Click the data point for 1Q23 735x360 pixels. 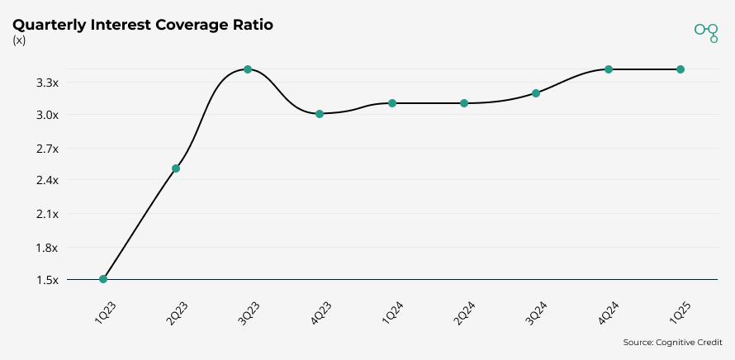coord(103,279)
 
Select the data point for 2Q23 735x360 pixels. coord(176,168)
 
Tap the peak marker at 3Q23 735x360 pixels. coord(248,69)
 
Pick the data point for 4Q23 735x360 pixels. coord(320,114)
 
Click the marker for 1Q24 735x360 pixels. coord(392,103)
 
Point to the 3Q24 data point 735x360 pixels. coord(536,93)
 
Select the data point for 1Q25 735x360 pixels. coord(680,69)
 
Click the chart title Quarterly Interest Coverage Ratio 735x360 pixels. coord(143,25)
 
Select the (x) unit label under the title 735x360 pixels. coord(19,40)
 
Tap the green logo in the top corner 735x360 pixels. coord(706,31)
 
